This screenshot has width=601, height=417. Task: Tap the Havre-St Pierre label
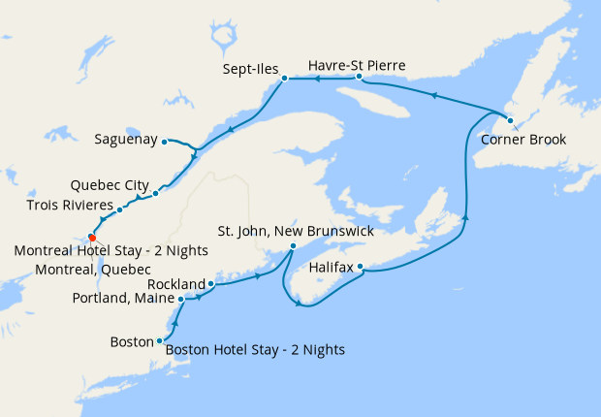pyautogui.click(x=356, y=65)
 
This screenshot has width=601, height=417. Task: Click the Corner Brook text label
pyautogui.click(x=523, y=139)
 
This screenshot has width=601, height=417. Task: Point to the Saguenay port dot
pyautogui.click(x=166, y=141)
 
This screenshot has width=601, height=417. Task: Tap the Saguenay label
pyautogui.click(x=125, y=140)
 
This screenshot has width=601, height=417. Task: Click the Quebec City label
pyautogui.click(x=110, y=184)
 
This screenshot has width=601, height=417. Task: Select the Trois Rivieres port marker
pyautogui.click(x=119, y=209)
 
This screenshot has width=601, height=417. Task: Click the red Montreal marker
pyautogui.click(x=92, y=236)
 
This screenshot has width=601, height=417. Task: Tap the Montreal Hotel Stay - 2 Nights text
pyautogui.click(x=111, y=250)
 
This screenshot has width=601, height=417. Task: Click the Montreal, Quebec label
pyautogui.click(x=92, y=268)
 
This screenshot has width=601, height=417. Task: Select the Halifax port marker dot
pyautogui.click(x=361, y=267)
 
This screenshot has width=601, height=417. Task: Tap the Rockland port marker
pyautogui.click(x=210, y=284)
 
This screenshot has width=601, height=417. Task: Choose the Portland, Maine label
pyautogui.click(x=124, y=299)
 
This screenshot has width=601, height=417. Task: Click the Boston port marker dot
pyautogui.click(x=159, y=341)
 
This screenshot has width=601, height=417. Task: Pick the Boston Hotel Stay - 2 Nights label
pyautogui.click(x=255, y=349)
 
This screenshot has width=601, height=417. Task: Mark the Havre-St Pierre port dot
pyautogui.click(x=359, y=76)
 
